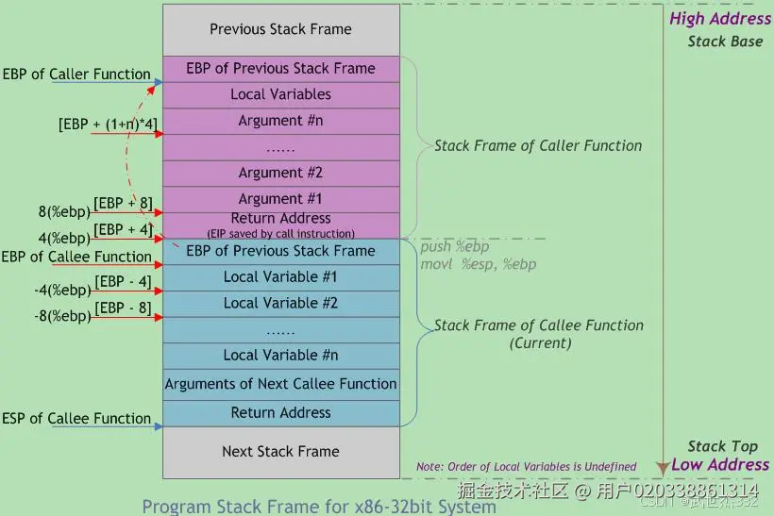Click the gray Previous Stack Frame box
point(280,29)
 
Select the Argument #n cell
point(280,121)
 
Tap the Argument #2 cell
point(280,173)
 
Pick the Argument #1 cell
point(280,199)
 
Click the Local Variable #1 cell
point(280,277)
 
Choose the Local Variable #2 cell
point(280,303)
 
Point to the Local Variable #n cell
point(280,355)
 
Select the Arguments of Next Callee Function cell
point(280,384)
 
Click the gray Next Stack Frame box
point(280,451)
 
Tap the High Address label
point(719,19)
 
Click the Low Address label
point(719,464)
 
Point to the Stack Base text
point(724,42)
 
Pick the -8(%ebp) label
point(62,316)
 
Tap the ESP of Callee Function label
point(76,418)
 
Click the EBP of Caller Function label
point(76,74)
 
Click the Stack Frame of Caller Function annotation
point(537,145)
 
